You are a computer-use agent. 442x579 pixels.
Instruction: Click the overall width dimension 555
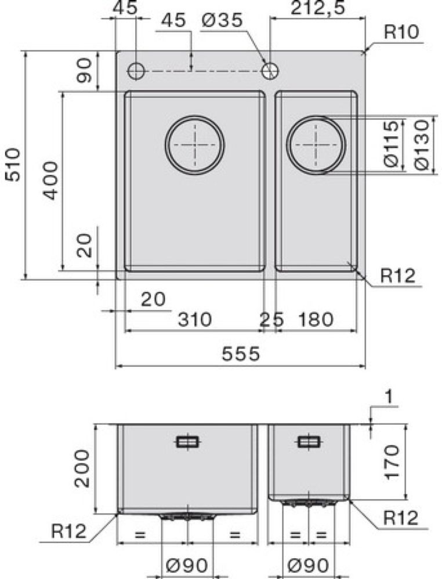241,354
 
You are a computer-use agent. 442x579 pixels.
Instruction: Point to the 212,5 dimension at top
318,8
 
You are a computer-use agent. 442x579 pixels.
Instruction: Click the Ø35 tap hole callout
222,20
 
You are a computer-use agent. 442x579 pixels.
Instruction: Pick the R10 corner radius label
401,32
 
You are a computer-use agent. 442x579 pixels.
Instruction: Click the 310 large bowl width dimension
195,320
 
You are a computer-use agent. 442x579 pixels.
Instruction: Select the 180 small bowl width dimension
316,320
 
